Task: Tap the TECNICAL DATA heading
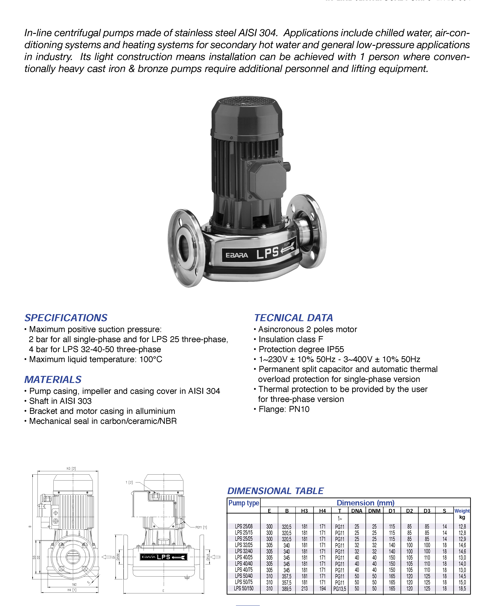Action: [x=293, y=318]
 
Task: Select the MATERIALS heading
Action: [x=53, y=379]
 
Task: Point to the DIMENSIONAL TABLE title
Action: [x=275, y=491]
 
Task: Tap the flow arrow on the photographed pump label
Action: [x=287, y=249]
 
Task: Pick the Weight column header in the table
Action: [x=462, y=511]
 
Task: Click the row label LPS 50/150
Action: [x=244, y=588]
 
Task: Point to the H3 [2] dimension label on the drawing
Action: [x=71, y=468]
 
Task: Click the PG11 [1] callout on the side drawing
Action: [x=201, y=527]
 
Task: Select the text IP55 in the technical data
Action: [x=335, y=349]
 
